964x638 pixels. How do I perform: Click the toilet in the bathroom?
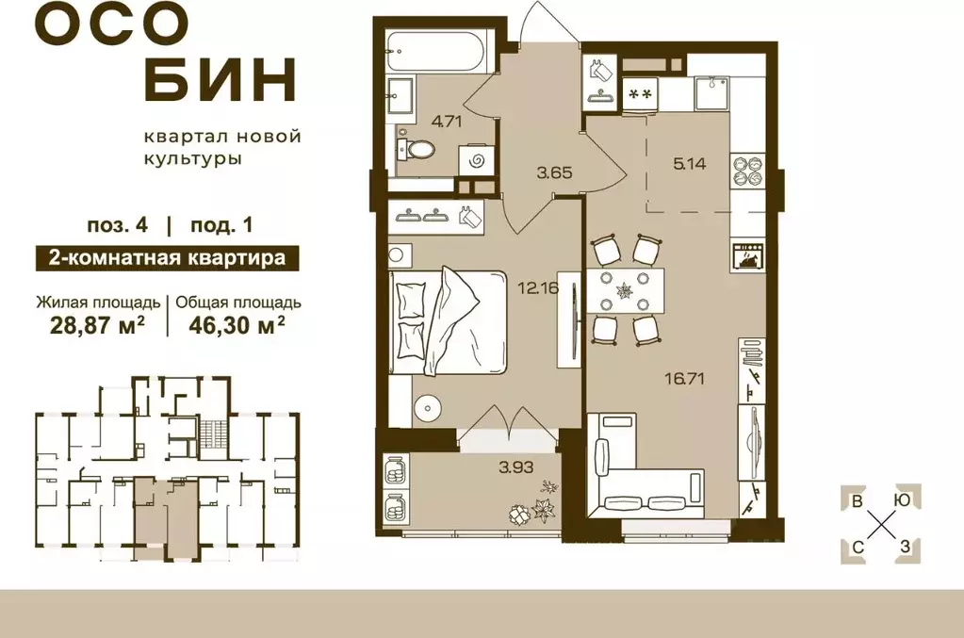[416, 149]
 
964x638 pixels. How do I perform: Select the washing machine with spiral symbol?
[477, 160]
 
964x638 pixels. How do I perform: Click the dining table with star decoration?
[623, 289]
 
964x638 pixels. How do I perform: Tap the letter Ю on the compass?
[902, 501]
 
